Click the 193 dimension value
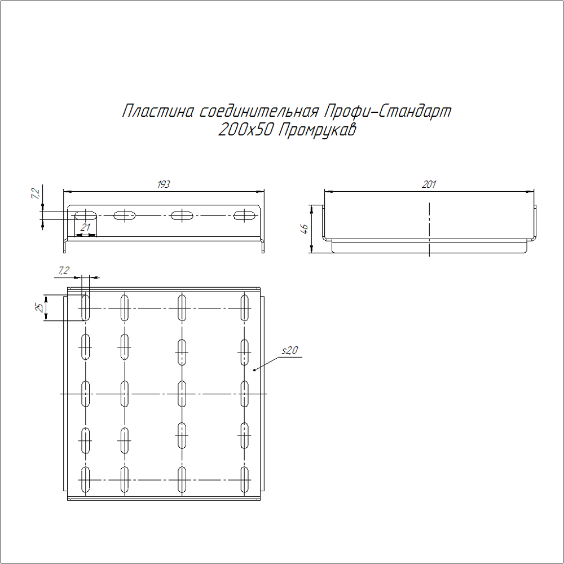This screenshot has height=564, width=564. [164, 184]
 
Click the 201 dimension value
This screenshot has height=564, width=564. [429, 184]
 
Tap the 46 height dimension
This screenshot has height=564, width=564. [305, 229]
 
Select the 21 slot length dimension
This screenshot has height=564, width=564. [85, 227]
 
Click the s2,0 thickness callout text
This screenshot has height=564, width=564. [290, 350]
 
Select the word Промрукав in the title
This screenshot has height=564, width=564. [318, 130]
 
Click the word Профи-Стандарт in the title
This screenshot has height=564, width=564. [388, 111]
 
